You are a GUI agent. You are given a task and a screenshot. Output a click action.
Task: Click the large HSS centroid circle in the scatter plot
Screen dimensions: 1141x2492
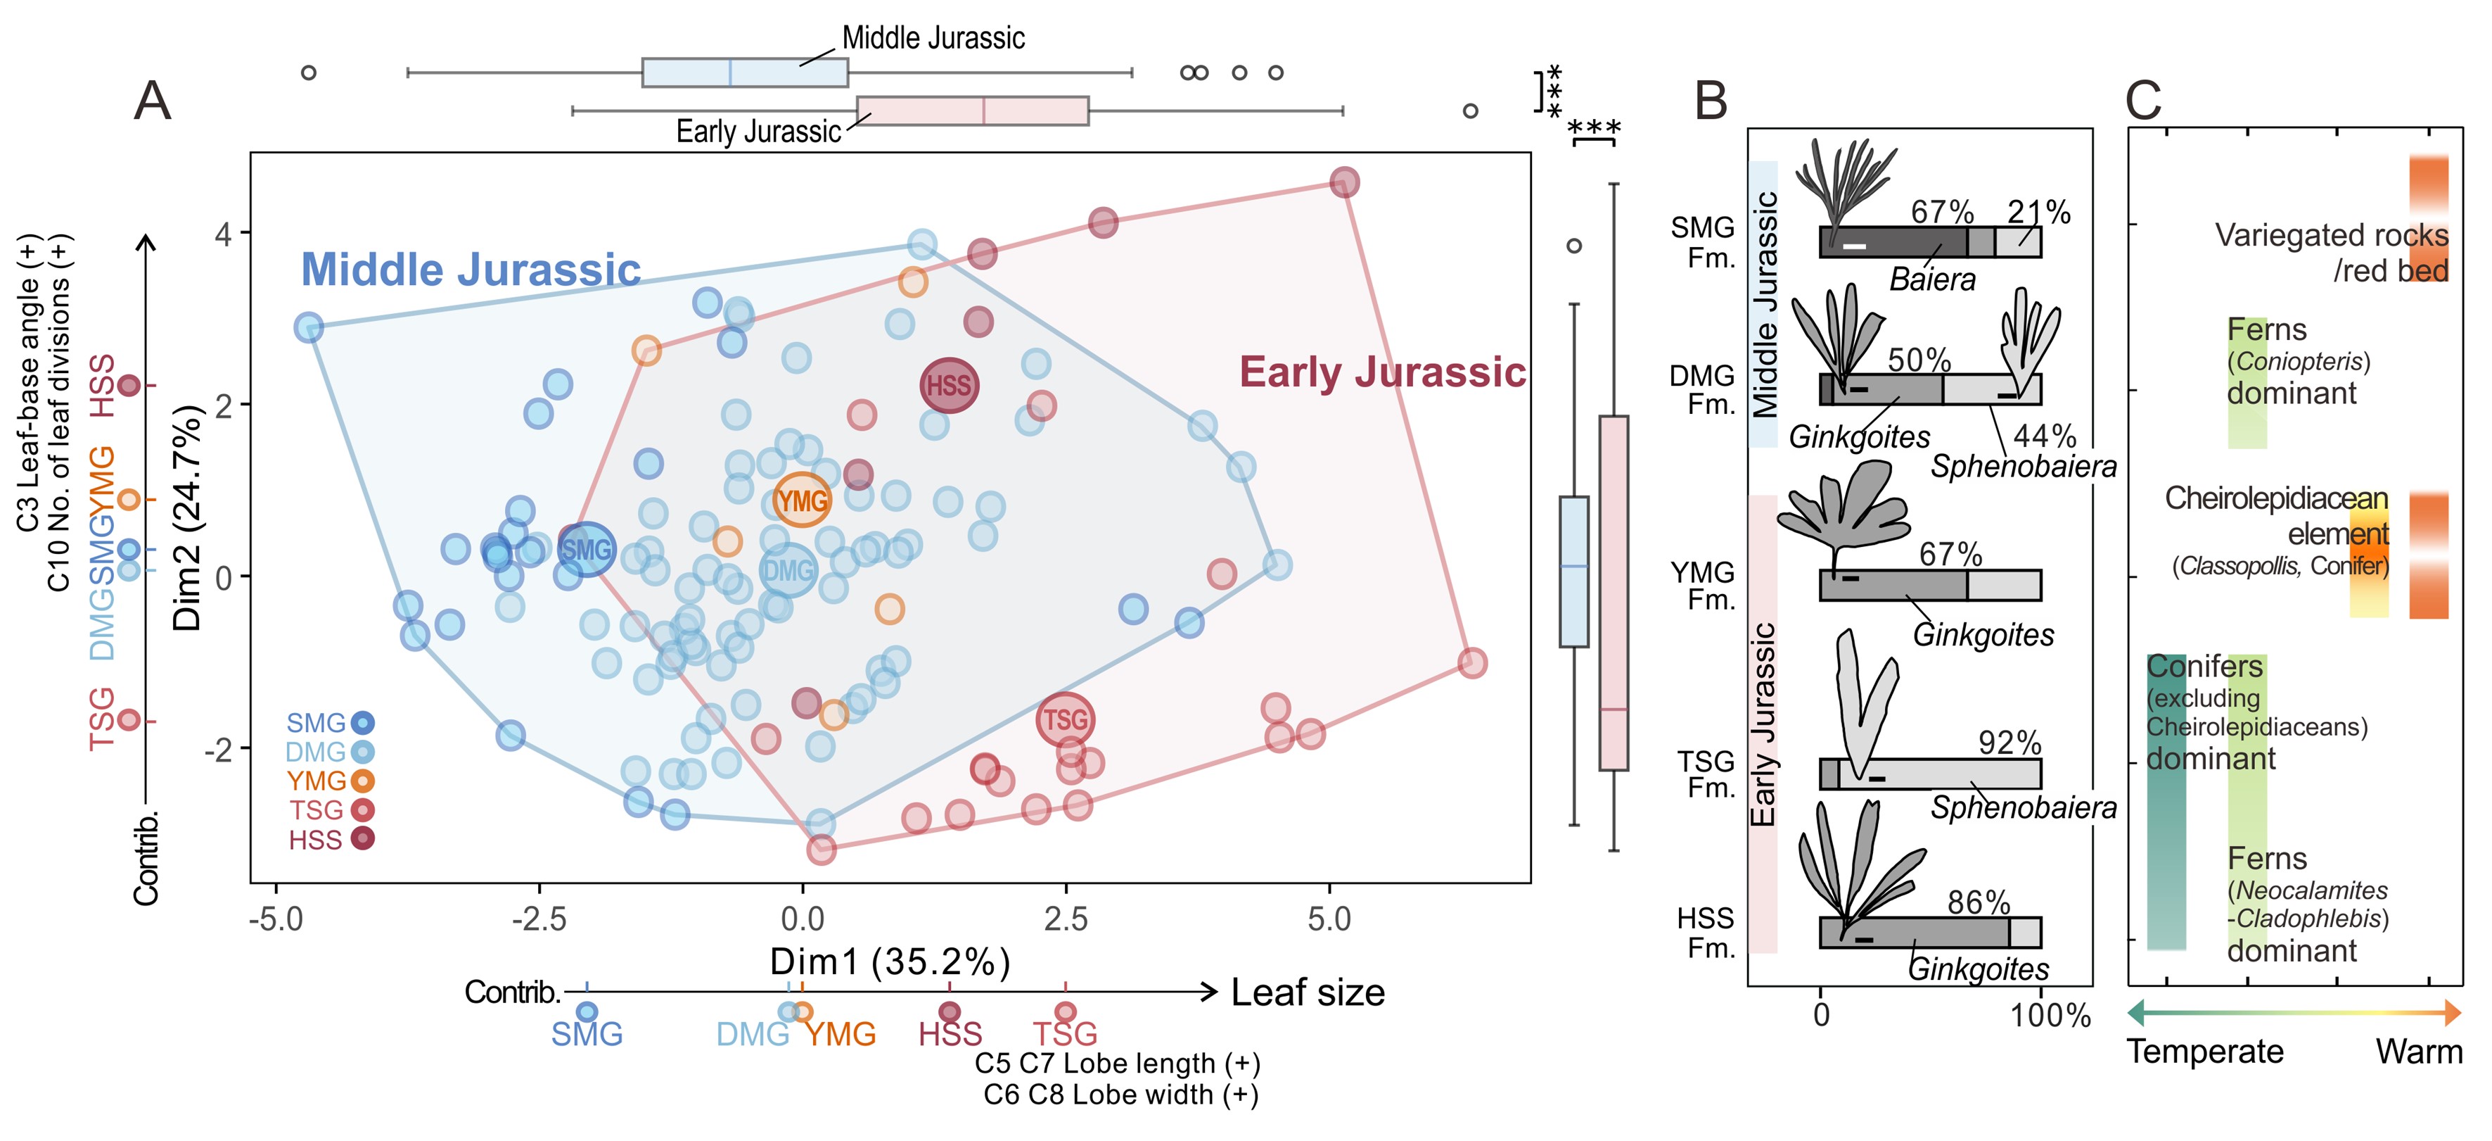948,385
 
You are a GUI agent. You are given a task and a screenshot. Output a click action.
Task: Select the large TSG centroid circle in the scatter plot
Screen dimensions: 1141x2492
1065,719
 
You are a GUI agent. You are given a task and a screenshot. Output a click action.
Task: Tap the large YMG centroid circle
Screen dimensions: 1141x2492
802,500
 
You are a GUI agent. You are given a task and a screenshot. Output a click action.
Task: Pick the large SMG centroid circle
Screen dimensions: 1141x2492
586,550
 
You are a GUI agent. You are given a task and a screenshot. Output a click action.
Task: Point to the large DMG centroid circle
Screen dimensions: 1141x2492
788,571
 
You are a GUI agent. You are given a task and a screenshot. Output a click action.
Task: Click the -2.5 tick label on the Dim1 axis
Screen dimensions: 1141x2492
539,919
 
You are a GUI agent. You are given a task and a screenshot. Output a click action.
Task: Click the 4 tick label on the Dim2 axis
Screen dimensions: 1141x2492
224,234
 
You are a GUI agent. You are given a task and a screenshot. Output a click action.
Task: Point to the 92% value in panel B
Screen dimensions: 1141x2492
2009,743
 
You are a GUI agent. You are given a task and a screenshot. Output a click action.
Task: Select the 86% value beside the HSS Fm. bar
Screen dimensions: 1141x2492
1979,903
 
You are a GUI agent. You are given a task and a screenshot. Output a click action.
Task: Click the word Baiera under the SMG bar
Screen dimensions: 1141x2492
1932,279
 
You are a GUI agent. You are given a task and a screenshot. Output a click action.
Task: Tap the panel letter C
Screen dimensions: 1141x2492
2144,100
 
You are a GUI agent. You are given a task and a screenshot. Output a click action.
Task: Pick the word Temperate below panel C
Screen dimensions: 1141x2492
2205,1051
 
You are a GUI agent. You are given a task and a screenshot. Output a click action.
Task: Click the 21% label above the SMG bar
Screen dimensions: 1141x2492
2038,212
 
